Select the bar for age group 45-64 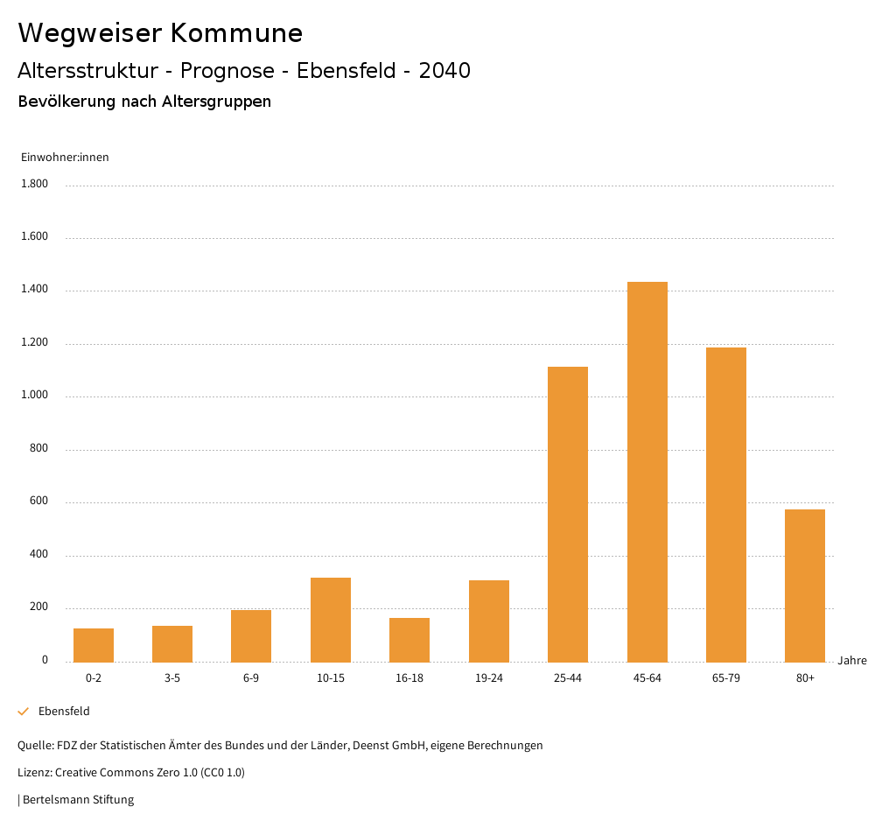[x=647, y=472]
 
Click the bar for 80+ [x=805, y=586]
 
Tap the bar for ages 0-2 [x=94, y=645]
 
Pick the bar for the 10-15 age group [x=331, y=620]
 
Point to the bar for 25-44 [x=568, y=514]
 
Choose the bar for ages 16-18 [x=409, y=640]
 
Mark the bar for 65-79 [x=726, y=504]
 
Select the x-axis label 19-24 [x=488, y=678]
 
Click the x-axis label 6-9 [x=251, y=678]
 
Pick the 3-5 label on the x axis [x=172, y=678]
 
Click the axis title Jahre [x=852, y=661]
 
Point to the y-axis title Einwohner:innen [x=65, y=158]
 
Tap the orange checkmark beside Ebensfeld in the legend [x=24, y=712]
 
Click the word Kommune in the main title [x=236, y=33]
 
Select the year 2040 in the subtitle [x=444, y=71]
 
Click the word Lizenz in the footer [x=34, y=773]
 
